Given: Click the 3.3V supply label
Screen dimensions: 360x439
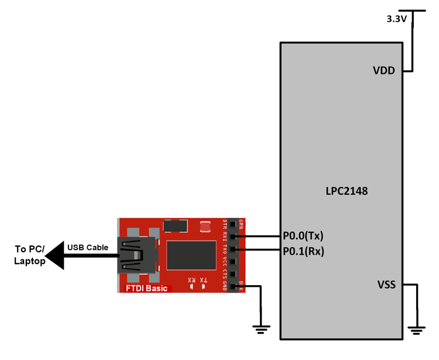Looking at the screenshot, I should coord(397,19).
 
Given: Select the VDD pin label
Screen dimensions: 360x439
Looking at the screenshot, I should coord(384,71).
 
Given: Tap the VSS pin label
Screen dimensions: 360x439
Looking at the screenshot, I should coord(386,285).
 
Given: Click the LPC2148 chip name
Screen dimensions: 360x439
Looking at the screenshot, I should coord(347,191).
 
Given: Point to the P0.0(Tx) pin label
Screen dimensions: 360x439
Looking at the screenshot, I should coord(303,236).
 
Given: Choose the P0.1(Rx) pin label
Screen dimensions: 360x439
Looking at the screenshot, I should coord(303,251).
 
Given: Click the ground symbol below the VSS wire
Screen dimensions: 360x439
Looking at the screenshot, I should coord(416,330).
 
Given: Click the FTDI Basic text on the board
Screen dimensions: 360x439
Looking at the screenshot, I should coord(147,288).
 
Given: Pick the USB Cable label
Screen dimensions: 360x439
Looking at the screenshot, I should coord(88,247).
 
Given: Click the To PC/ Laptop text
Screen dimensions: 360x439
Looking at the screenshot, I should coord(29,256).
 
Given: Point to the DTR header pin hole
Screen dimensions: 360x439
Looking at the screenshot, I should coord(233,225).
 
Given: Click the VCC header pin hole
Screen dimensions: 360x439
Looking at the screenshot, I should coord(233,262).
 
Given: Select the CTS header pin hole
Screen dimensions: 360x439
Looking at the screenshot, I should coord(233,274).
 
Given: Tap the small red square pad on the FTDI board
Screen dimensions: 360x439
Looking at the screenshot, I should coord(205,227).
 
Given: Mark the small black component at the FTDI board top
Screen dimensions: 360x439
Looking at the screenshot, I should coord(175,225).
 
